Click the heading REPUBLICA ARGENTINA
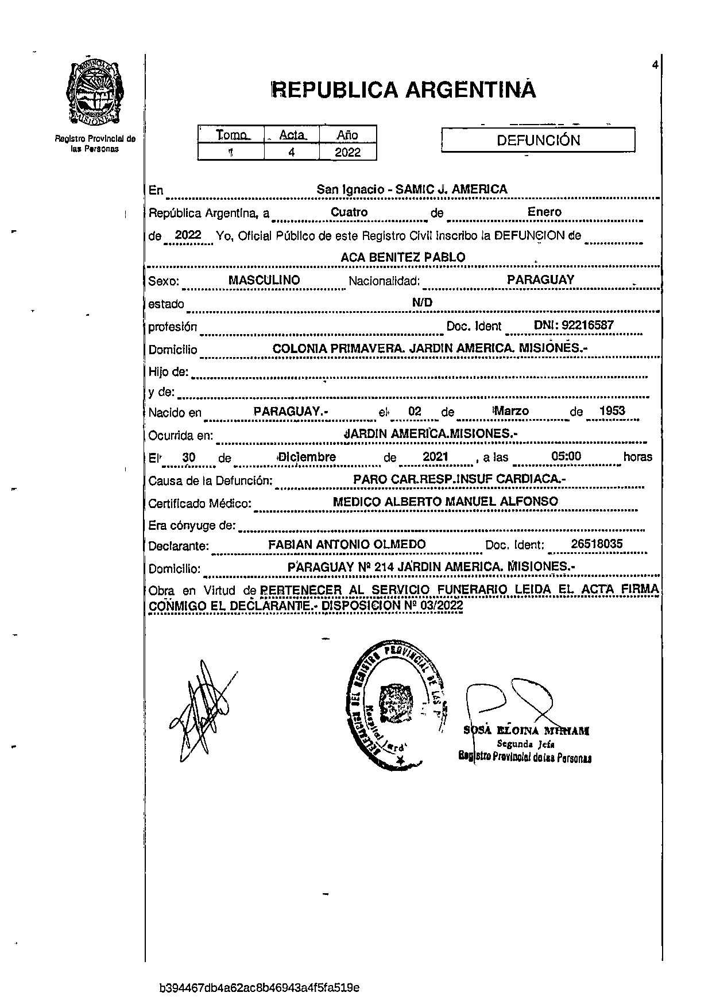(x=404, y=90)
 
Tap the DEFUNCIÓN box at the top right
(x=538, y=140)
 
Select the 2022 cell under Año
(x=348, y=152)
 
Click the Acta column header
(x=292, y=135)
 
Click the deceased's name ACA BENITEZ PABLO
(x=402, y=257)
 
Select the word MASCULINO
(x=264, y=280)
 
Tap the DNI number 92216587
(x=574, y=325)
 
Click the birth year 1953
(x=612, y=411)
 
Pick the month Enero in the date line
(x=544, y=212)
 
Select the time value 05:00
(x=566, y=456)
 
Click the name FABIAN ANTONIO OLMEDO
(x=347, y=544)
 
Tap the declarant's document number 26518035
(x=597, y=544)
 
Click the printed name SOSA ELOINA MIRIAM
(x=527, y=731)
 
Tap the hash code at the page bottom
(x=260, y=987)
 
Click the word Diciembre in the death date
(x=307, y=457)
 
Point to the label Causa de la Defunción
(x=210, y=480)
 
